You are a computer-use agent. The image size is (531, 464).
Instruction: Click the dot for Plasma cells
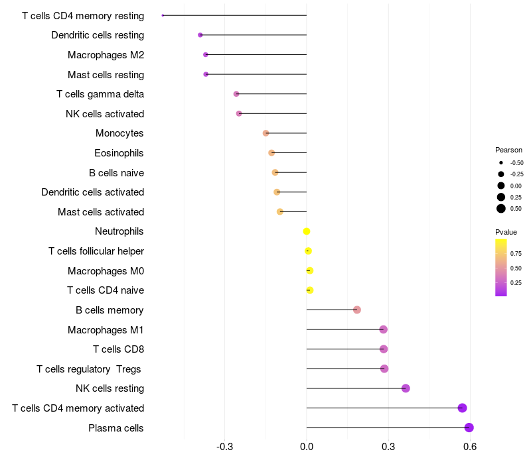[x=469, y=428]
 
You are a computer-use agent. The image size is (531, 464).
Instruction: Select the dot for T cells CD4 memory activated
[x=462, y=408]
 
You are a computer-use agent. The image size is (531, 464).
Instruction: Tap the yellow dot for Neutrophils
[x=307, y=231]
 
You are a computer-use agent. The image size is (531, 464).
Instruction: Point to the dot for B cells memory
[x=357, y=310]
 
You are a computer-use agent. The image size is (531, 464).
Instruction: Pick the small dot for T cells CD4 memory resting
[x=163, y=15]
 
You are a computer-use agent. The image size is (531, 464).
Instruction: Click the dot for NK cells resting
[x=406, y=388]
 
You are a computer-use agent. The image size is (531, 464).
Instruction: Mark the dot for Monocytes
[x=266, y=133]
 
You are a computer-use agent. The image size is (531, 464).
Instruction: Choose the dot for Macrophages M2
[x=206, y=55]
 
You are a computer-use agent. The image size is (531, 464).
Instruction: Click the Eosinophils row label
[x=119, y=153]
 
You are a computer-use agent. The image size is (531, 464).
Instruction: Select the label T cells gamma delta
[x=100, y=94]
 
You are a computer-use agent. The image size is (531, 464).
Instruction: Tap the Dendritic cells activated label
[x=93, y=192]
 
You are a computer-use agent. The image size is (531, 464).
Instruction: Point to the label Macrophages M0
[x=106, y=271]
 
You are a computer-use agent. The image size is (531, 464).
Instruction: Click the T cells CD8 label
[x=119, y=349]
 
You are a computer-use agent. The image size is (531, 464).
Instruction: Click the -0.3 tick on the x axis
[x=225, y=447]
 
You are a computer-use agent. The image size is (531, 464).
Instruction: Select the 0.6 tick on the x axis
[x=470, y=447]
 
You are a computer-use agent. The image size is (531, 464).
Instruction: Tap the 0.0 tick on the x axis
[x=307, y=447]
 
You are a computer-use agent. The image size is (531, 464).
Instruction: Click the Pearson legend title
[x=508, y=150]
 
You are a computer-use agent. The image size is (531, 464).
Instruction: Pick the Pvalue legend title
[x=506, y=232]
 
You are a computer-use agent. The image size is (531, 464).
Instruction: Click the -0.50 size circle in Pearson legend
[x=501, y=162]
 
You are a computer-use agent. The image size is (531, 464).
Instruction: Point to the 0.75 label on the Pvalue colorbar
[x=516, y=254]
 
